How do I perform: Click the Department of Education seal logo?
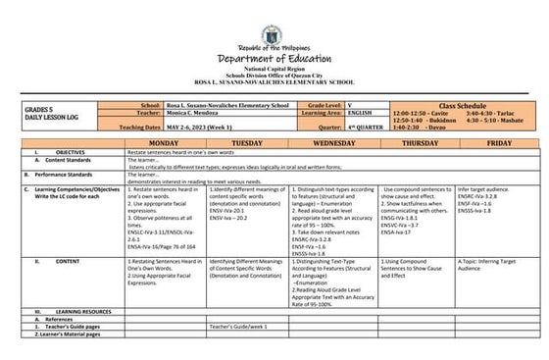pyautogui.click(x=274, y=21)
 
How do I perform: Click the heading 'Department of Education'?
pyautogui.click(x=274, y=57)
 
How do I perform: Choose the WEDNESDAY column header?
pyautogui.click(x=333, y=143)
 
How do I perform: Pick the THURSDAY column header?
pyautogui.click(x=417, y=143)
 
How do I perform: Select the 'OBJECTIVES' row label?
pyautogui.click(x=70, y=153)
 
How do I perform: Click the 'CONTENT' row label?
pyautogui.click(x=68, y=262)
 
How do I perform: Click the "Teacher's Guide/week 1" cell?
pyautogui.click(x=237, y=326)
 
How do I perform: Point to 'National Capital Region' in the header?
pyautogui.click(x=274, y=70)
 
